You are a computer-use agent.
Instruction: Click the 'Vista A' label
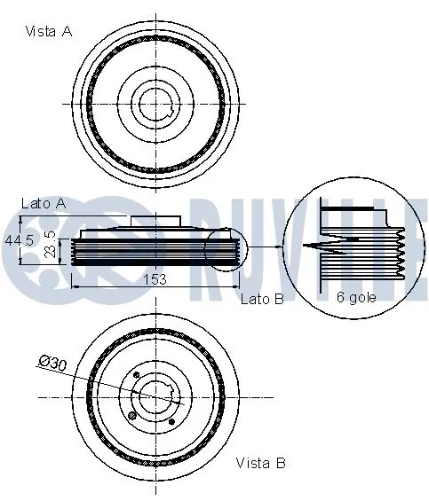[x=48, y=31]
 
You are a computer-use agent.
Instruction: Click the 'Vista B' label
[x=260, y=463]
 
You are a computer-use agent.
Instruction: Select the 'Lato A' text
[x=44, y=203]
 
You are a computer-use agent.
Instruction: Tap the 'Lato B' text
[x=261, y=300]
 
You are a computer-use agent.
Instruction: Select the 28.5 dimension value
[x=51, y=246]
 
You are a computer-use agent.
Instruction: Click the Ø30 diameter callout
[x=53, y=361]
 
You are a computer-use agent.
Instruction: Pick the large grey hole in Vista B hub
[x=132, y=415]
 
